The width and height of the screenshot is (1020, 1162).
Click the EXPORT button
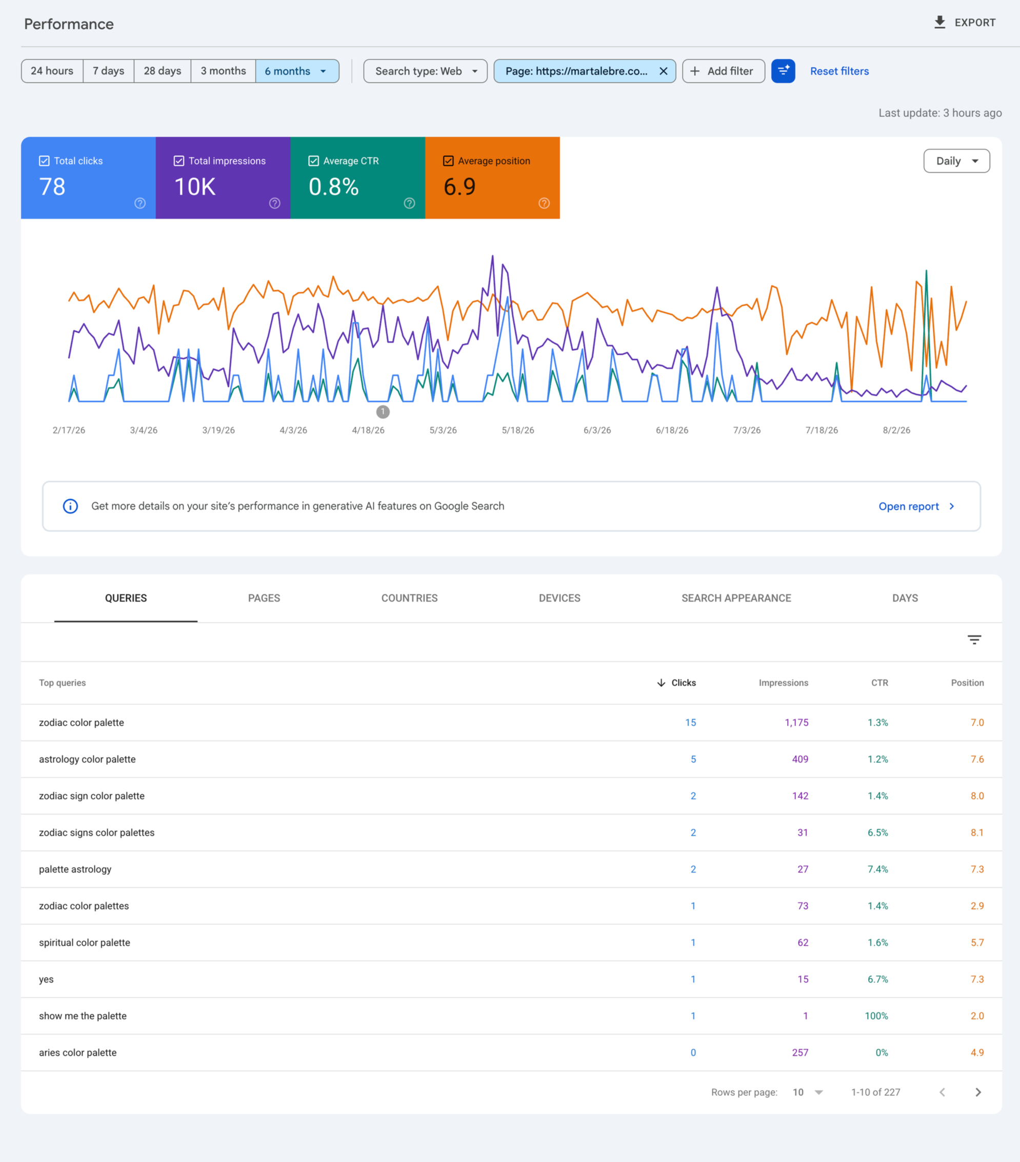(965, 23)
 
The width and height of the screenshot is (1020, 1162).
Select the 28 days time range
(162, 71)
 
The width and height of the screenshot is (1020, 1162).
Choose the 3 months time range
(223, 71)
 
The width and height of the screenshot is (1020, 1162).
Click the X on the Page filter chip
(663, 71)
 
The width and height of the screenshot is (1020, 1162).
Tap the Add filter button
(723, 71)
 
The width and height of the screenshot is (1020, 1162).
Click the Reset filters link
(839, 71)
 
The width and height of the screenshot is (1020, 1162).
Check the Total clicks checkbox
(44, 161)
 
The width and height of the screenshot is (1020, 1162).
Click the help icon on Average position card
(544, 203)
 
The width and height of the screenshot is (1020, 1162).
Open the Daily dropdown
(956, 161)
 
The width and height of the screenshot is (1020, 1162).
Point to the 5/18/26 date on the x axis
(518, 430)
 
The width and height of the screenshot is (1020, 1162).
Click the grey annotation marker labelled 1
(383, 412)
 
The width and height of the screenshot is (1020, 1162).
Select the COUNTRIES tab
(409, 598)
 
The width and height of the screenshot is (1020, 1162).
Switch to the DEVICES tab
(559, 598)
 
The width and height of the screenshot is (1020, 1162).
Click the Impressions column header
(784, 683)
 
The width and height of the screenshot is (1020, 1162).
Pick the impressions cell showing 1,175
(796, 723)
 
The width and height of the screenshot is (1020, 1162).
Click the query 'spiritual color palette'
(85, 943)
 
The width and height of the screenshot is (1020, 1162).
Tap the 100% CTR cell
(876, 1016)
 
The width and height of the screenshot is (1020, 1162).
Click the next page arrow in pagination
(978, 1092)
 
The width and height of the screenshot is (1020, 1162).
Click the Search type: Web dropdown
(425, 71)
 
